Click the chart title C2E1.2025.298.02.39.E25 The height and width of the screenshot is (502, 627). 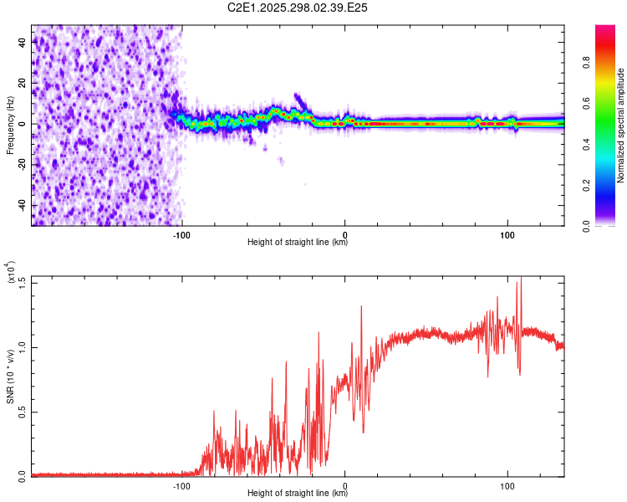(x=298, y=8)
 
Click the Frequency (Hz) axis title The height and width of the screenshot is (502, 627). (x=10, y=125)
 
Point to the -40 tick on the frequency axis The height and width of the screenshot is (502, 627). (x=23, y=205)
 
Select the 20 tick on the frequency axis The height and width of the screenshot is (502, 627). (x=23, y=84)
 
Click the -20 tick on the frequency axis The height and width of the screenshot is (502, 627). (x=23, y=165)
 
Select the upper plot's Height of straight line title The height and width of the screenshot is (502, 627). (x=298, y=243)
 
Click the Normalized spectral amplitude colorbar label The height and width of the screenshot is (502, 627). (x=621, y=125)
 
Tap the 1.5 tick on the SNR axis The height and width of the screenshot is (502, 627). (x=23, y=281)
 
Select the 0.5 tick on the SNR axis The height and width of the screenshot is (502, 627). (x=23, y=411)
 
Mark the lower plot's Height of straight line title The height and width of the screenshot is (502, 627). (x=298, y=494)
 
